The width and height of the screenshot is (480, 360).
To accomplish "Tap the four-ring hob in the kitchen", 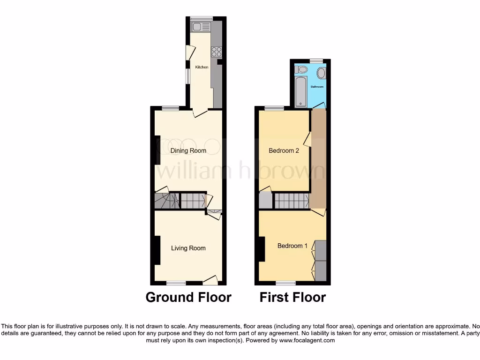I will pos(217,52).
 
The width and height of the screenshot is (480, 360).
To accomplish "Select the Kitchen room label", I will pos(202,67).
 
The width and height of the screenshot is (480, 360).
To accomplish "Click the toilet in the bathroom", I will pos(302,70).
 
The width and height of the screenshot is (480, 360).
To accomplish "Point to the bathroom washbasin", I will pos(322,73).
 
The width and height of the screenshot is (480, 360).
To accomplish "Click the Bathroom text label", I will pos(319,87).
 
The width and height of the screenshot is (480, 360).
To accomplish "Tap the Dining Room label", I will pos(188,150).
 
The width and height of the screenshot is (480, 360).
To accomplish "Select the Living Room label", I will pos(188,248).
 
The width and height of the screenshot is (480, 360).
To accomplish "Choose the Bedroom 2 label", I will pos(284,150).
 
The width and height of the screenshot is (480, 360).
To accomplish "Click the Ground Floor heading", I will pos(188,297).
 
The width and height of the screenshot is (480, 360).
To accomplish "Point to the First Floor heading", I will pos(293,297).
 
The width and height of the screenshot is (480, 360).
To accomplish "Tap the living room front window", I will pos(176,283).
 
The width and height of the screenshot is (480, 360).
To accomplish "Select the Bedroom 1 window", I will pos(285,283).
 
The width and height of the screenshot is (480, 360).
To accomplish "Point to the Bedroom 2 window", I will pos(274,108).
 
